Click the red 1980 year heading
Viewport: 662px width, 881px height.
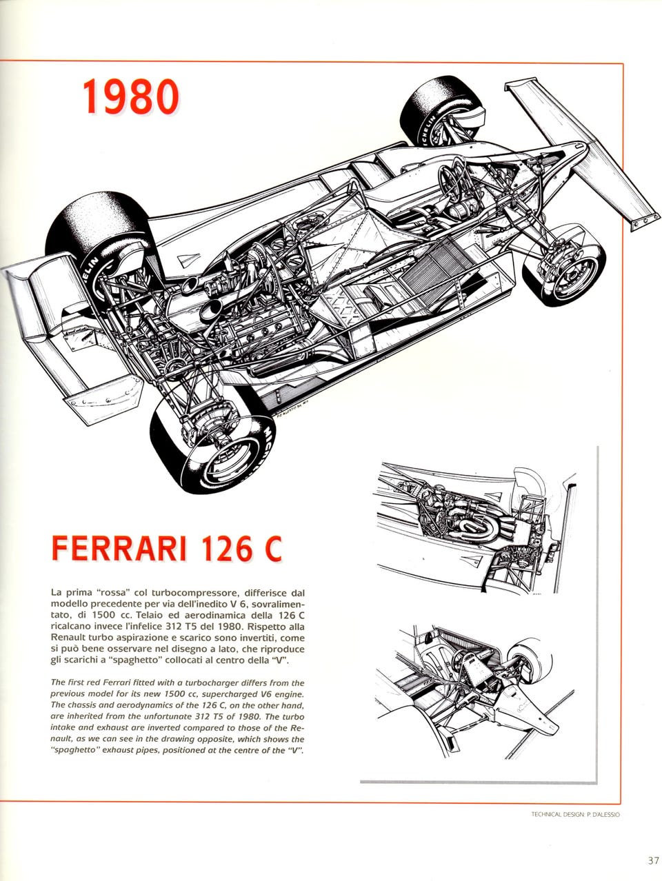130,97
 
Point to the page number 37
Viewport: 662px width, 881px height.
653,860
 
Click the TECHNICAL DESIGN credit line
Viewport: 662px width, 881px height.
575,814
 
